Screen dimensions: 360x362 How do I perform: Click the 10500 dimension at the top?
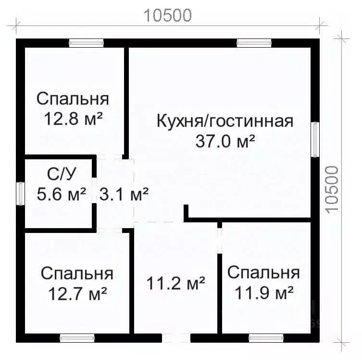168,15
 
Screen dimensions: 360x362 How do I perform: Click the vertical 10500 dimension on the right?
332,191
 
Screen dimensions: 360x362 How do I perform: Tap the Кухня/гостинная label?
225,121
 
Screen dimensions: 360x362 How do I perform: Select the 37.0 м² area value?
225,141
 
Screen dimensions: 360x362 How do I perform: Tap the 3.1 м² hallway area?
124,194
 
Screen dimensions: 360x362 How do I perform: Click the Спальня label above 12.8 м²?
73,99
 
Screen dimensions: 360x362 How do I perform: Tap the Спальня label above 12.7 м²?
77,273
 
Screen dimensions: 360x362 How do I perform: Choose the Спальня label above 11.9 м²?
263,272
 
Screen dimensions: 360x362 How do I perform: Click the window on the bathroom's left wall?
21,193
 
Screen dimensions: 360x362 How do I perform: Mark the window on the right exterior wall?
315,140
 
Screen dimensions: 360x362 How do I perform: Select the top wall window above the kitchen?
254,43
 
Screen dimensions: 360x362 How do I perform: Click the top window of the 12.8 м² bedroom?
86,43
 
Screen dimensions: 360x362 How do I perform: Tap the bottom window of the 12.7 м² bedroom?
77,338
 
